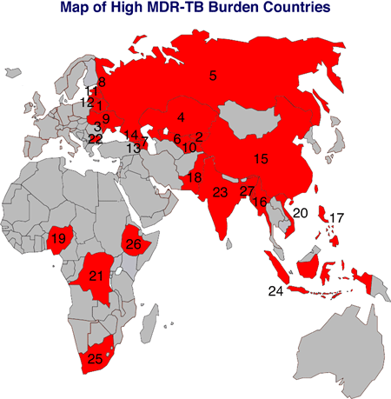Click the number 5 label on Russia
[213, 76]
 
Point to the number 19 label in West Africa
[59, 238]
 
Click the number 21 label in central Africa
[96, 276]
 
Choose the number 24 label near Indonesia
[275, 291]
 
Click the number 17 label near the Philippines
[337, 217]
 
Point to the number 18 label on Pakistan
[195, 177]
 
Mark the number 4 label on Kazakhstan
[182, 116]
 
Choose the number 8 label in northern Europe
[102, 83]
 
